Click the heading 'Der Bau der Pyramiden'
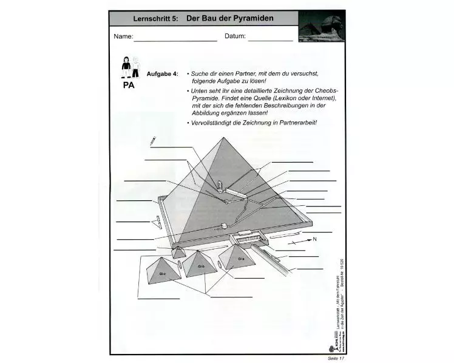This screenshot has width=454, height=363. (x=229, y=18)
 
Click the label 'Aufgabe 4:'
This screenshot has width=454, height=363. (x=162, y=73)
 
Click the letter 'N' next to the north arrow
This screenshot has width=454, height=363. (x=314, y=239)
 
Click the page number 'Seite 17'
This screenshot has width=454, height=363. (x=334, y=359)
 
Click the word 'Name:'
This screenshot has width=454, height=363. (x=123, y=36)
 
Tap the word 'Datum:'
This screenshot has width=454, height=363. (x=235, y=36)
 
